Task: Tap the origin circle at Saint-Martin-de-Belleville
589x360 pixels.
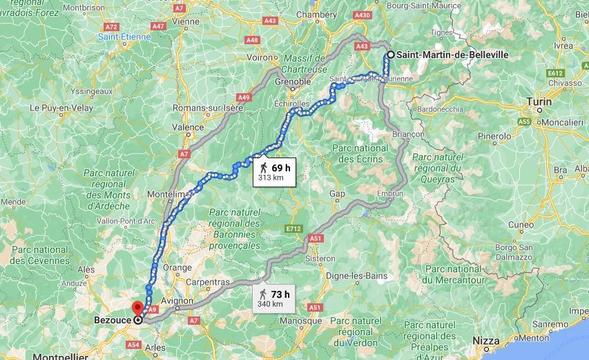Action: pos(390,55)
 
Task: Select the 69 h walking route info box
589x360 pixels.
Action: pos(273,173)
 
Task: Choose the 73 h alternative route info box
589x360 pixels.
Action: pos(272,299)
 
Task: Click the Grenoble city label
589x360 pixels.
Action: pos(293,82)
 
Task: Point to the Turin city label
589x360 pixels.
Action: pos(539,102)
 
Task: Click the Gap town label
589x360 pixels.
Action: pos(337,194)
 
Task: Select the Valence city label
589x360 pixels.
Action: pos(188,127)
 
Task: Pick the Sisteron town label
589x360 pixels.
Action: pos(320,258)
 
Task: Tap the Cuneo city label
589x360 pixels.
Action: pos(521,225)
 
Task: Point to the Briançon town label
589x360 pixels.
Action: pos(407,133)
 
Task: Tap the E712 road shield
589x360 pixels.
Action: pos(294,227)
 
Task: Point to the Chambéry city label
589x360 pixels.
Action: pos(316,15)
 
